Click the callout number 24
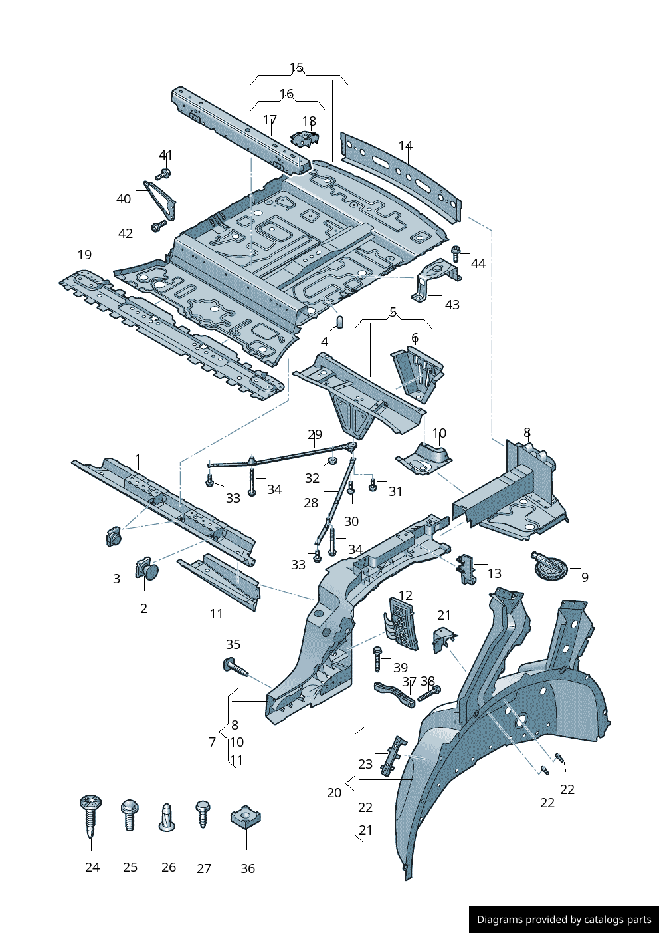point(92,867)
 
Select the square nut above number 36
point(245,817)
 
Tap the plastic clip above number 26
point(167,817)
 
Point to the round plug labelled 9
point(549,566)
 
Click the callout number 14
point(405,146)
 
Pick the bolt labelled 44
point(456,253)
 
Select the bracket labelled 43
point(436,279)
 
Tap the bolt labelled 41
point(163,174)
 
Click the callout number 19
point(84,255)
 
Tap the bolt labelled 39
point(378,658)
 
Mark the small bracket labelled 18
point(304,138)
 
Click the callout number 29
point(315,434)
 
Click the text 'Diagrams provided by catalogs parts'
point(564,920)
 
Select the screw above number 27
point(203,813)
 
